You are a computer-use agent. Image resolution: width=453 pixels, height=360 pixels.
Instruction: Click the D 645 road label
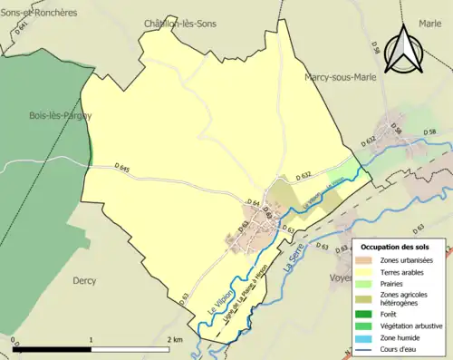coord(123,168)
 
